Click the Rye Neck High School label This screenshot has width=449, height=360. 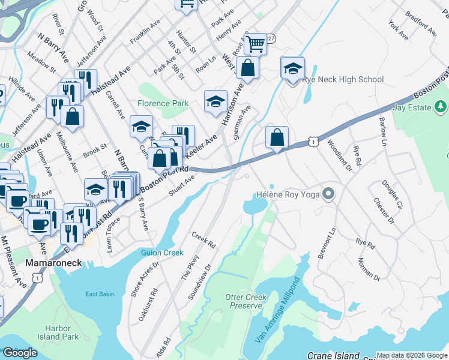point(343,79)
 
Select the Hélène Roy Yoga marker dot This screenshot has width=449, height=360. point(328,194)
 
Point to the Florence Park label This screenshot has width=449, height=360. point(163,103)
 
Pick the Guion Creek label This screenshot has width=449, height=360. point(162,253)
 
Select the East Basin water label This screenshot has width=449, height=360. point(100,293)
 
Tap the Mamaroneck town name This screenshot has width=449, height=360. point(53,263)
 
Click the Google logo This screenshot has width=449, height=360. point(20,353)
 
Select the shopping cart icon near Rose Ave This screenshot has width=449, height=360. point(256,44)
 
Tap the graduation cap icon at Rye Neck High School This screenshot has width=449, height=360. point(292,69)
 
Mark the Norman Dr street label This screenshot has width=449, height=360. point(369,269)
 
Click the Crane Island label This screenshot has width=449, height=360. point(333,356)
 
